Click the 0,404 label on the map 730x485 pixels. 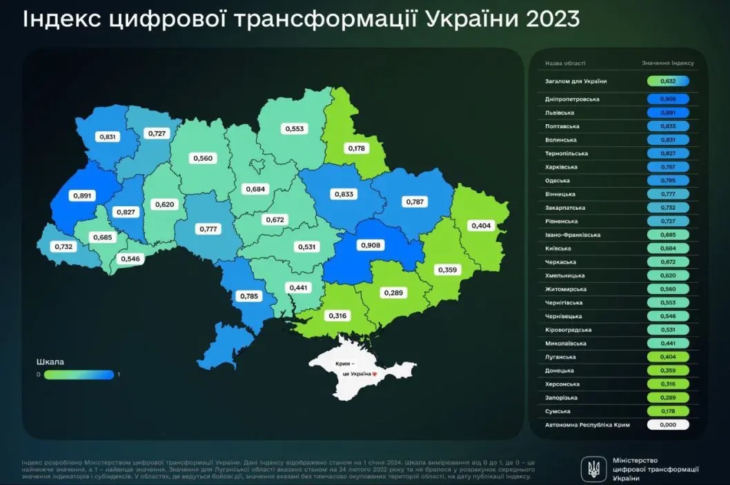(480, 226)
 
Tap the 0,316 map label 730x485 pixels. (338, 316)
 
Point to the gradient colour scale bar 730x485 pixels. (79, 375)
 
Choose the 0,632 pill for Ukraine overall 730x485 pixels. (668, 81)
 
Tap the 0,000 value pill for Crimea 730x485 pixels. (668, 425)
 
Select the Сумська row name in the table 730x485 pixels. (557, 411)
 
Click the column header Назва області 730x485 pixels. (562, 63)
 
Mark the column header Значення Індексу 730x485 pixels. (667, 63)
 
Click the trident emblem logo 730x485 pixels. (592, 469)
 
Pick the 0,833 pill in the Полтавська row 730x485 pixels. (668, 126)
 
